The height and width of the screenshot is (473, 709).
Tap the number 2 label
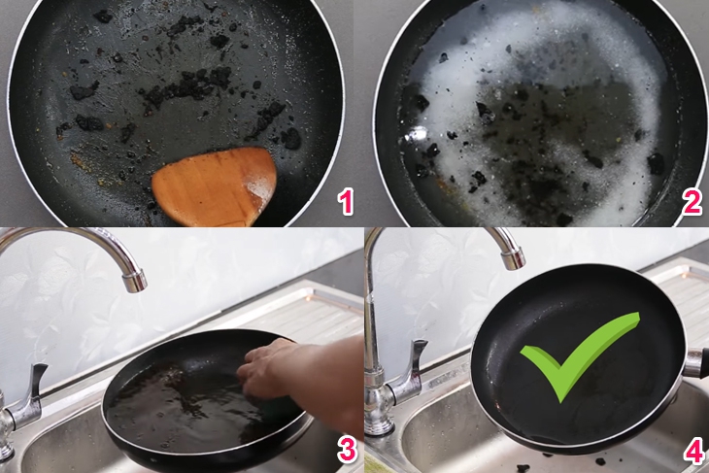692,202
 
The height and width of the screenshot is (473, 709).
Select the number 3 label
342,448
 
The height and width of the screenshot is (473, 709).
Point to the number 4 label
692,448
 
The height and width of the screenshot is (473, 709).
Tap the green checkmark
573,354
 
